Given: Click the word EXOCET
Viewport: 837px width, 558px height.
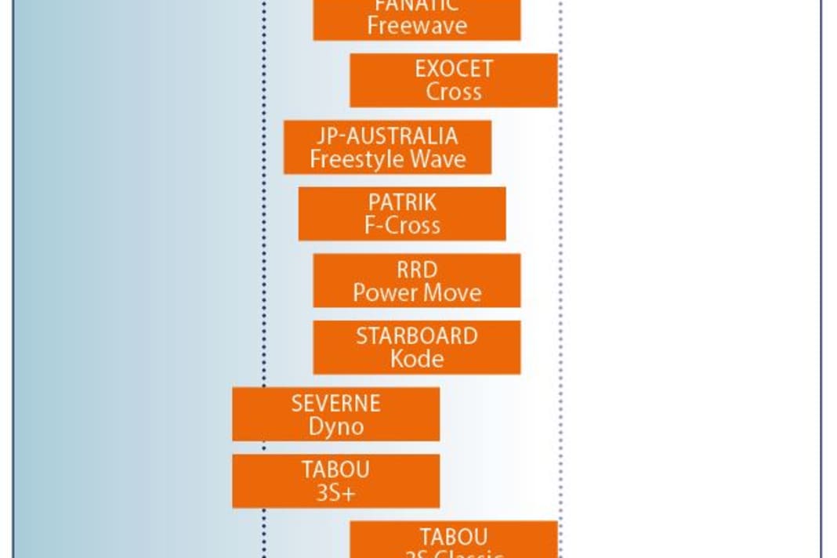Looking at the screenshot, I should [x=454, y=69].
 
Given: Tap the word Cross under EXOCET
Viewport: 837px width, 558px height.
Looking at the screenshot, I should [x=454, y=92].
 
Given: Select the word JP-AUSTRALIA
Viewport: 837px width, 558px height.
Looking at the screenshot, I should [x=387, y=136].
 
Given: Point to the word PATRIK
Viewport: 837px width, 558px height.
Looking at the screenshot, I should [x=402, y=202].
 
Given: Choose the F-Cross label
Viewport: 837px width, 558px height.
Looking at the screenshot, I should [x=402, y=226].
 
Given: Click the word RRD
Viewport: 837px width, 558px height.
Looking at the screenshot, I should [x=416, y=270].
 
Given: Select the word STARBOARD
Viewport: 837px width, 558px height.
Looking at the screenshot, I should [x=416, y=336].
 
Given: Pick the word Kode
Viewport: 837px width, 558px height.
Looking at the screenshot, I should [x=416, y=360].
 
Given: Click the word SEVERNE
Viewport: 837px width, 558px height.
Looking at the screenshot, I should [x=335, y=404].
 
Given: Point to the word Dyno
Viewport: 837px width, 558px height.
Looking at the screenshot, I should [x=335, y=427].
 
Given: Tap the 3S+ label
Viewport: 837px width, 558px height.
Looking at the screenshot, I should [x=335, y=494].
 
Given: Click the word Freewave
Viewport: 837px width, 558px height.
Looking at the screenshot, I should [x=416, y=26].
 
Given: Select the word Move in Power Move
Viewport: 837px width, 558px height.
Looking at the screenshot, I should [x=451, y=293].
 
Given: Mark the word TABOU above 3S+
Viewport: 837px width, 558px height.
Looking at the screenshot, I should [x=335, y=470].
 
